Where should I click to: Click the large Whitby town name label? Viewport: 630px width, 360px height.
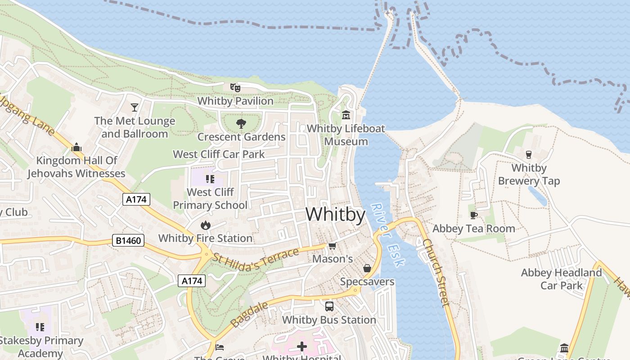tap(335, 214)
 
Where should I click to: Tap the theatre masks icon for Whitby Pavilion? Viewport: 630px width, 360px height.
tap(235, 87)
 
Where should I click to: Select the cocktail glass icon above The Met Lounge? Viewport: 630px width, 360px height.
tap(134, 107)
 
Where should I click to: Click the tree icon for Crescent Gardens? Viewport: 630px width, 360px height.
tap(241, 123)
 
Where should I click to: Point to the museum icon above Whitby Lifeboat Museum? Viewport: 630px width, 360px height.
tap(346, 115)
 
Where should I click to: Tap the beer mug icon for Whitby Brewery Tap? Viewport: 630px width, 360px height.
tap(529, 154)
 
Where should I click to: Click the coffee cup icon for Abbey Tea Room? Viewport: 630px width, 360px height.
tap(473, 215)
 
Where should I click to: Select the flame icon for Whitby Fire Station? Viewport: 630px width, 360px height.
tap(206, 225)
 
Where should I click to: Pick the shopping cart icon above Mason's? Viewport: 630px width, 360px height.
tap(332, 246)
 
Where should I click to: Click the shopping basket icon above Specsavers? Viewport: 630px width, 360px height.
tap(367, 268)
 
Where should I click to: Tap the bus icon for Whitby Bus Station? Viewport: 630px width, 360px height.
tap(329, 306)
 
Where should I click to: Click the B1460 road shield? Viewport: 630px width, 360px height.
tap(128, 241)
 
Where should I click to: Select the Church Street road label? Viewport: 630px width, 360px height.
tap(436, 273)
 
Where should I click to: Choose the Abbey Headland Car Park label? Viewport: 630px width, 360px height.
tap(561, 279)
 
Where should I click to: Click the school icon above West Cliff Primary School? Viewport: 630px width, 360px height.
tap(210, 179)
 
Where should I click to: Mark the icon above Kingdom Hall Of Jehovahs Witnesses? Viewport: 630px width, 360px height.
tap(76, 147)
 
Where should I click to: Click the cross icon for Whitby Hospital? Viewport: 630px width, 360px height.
tap(302, 346)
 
